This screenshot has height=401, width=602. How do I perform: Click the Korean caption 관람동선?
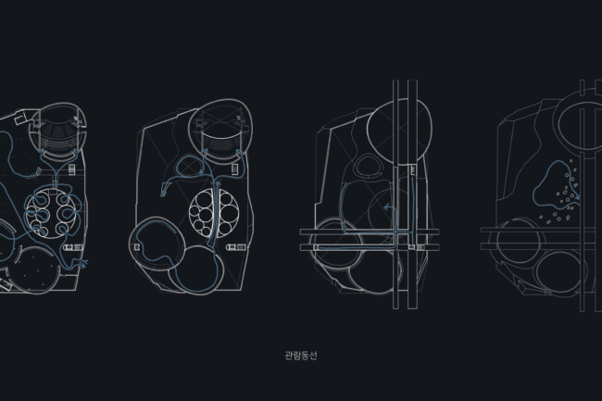(301, 356)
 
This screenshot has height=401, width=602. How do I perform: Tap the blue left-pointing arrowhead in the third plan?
(388, 207)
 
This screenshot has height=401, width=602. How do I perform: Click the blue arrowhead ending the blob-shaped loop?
(577, 197)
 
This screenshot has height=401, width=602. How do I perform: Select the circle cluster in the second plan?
(214, 213)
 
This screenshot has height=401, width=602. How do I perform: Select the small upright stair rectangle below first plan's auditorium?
(72, 169)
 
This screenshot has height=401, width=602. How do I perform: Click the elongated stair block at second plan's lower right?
(236, 247)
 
